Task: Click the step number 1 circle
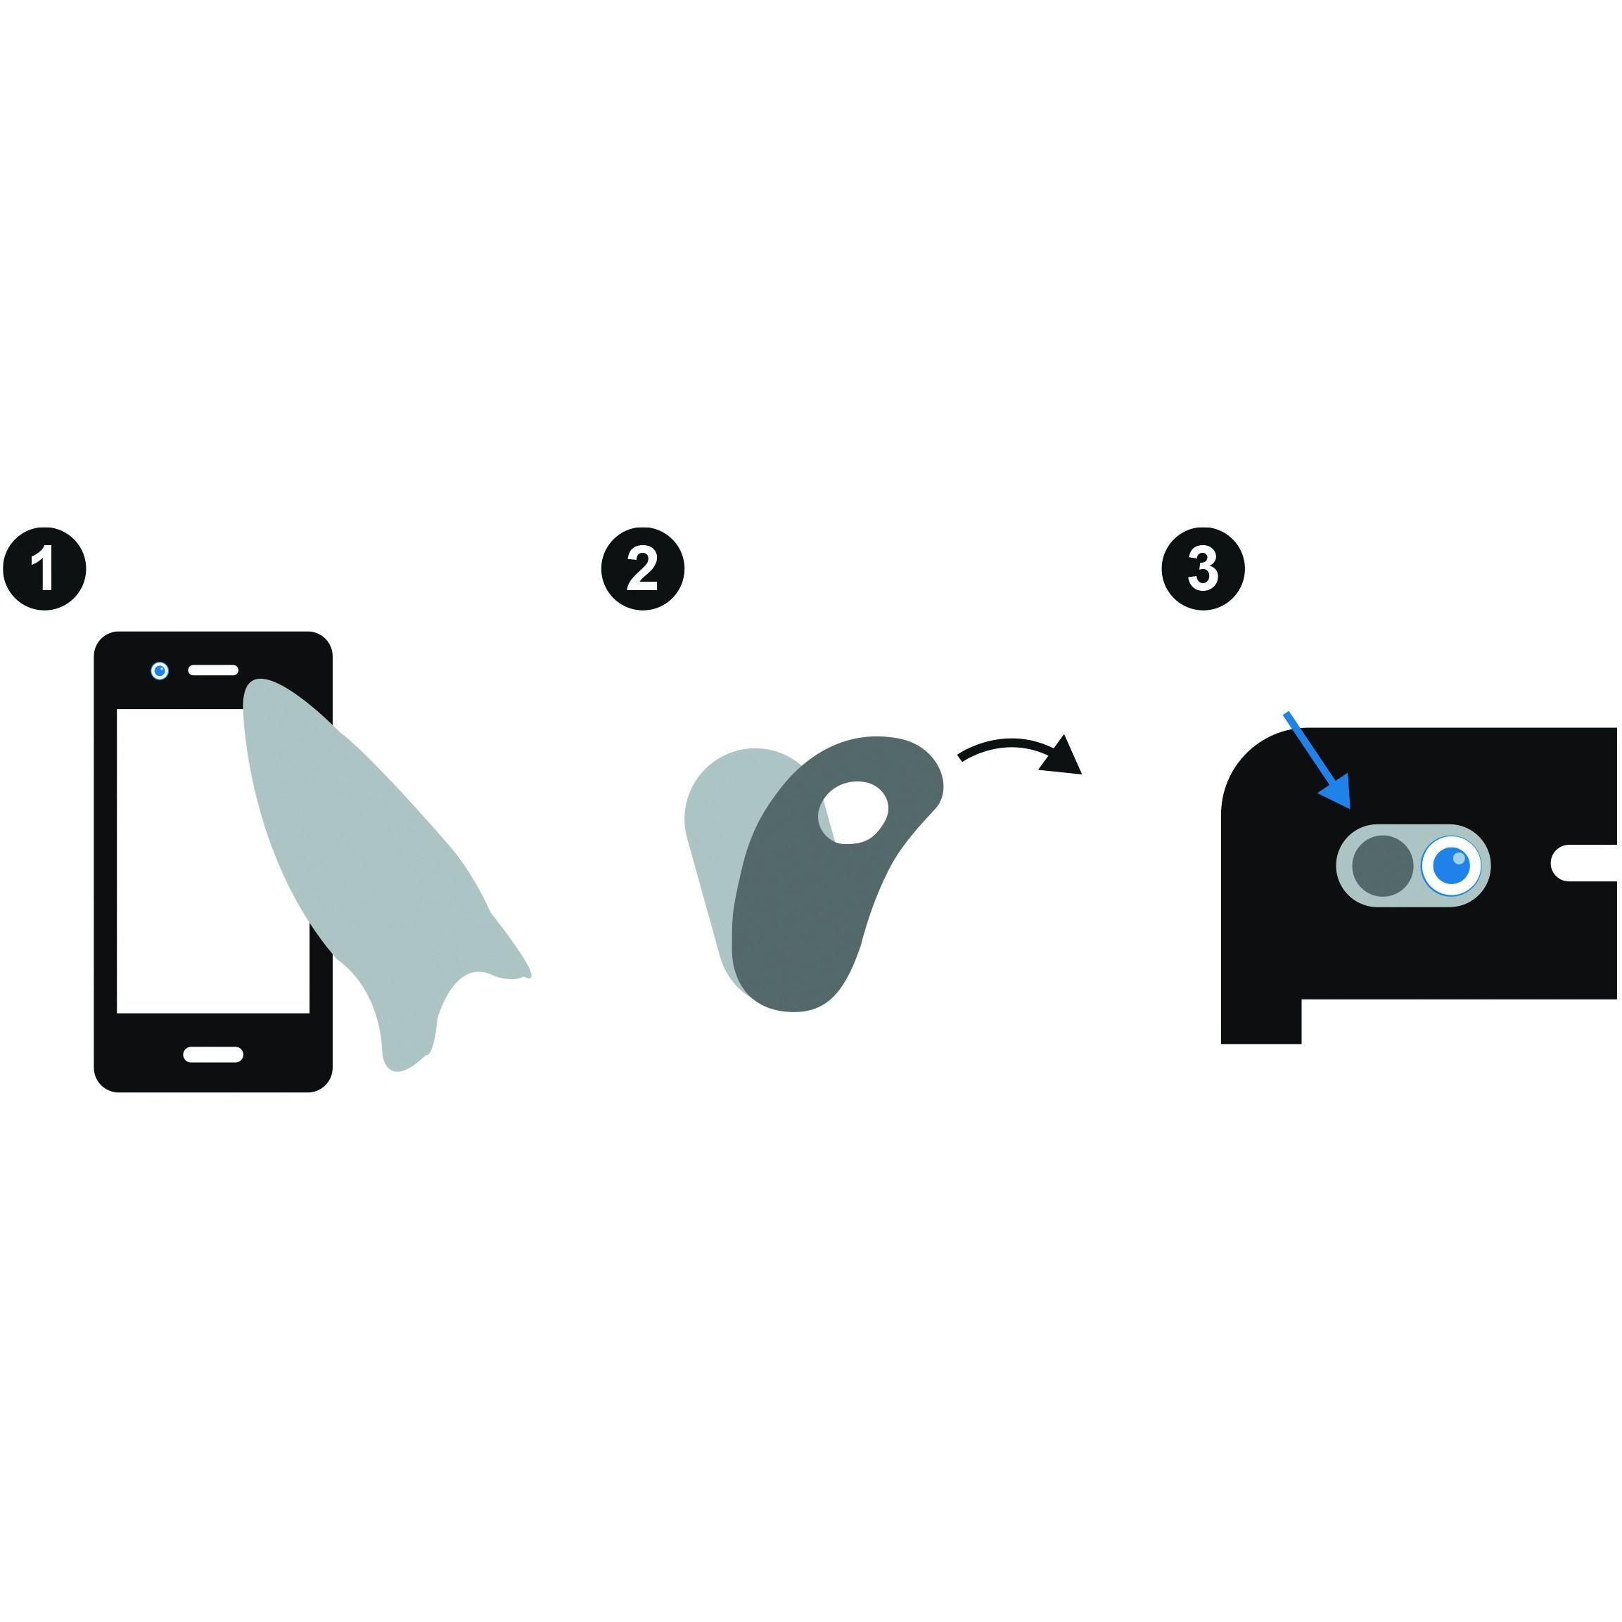click(44, 569)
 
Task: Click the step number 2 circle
click(643, 569)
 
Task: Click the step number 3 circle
click(1203, 569)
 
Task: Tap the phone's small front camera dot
click(160, 671)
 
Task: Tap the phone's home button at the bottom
click(213, 1055)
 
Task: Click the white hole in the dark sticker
click(853, 812)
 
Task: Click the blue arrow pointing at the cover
click(1317, 760)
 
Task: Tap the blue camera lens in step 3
click(1451, 866)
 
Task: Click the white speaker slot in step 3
click(1583, 864)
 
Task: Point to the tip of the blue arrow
click(1349, 807)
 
